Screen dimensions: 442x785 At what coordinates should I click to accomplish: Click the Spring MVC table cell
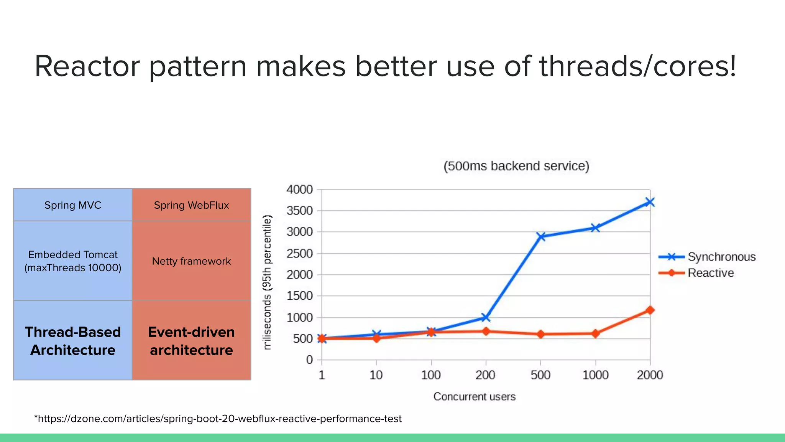[73, 205]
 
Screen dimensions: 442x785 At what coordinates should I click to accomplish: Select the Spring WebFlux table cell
[191, 205]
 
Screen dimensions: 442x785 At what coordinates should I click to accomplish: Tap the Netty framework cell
[191, 261]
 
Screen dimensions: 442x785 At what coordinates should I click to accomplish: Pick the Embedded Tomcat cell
[73, 261]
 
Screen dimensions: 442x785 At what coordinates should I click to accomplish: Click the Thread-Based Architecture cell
[73, 341]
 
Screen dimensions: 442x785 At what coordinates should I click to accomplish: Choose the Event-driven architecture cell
[191, 341]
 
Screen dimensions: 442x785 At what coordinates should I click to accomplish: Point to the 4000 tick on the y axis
[299, 190]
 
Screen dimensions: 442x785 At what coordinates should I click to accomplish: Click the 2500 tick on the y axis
[299, 254]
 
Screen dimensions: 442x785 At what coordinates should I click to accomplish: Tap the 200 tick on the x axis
[485, 375]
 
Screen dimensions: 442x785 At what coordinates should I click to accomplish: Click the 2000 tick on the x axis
[650, 375]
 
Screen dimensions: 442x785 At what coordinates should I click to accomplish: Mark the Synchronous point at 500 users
[541, 236]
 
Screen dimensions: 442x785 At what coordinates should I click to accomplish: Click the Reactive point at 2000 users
[650, 310]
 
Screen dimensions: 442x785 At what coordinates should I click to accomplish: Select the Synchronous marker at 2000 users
[650, 202]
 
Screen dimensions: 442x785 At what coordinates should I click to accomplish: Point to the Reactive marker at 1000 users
[595, 333]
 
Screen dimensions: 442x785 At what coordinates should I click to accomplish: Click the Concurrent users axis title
[474, 396]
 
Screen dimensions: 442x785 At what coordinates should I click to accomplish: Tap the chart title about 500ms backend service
[516, 166]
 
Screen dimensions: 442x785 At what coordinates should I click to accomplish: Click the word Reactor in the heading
[87, 66]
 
